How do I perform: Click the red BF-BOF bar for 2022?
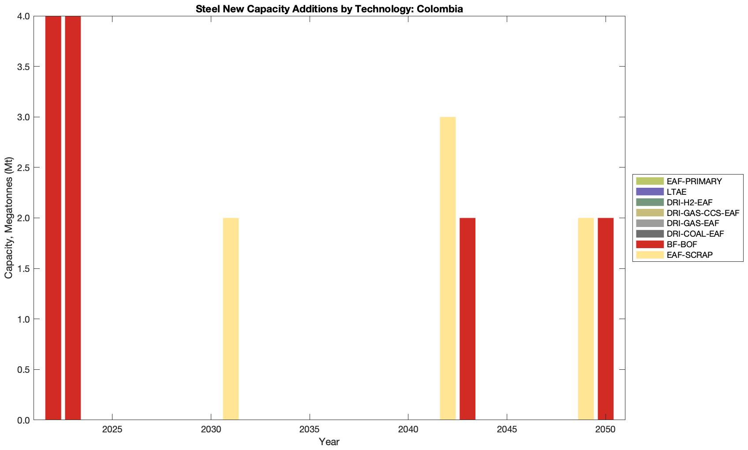[53, 218]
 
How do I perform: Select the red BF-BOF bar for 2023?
[73, 218]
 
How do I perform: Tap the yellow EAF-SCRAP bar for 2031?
[231, 319]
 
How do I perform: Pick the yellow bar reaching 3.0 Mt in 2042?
[448, 268]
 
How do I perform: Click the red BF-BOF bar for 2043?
[467, 319]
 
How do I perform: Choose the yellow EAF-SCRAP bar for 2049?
[586, 319]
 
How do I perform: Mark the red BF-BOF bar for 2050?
[606, 319]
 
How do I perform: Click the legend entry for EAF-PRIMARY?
[694, 181]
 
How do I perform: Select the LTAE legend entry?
[677, 192]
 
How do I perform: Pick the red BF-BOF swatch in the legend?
[650, 244]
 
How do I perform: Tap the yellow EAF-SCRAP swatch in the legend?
[650, 255]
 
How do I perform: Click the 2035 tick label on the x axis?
[310, 430]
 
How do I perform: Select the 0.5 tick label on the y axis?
[23, 369]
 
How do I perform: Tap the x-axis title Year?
[329, 442]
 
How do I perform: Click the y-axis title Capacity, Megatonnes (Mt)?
[8, 218]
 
